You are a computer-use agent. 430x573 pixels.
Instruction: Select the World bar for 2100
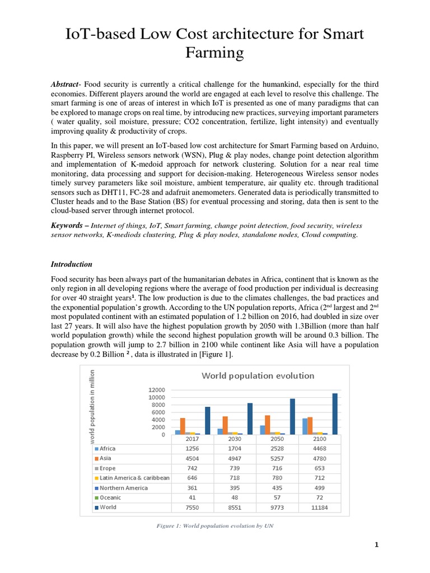[x=335, y=414]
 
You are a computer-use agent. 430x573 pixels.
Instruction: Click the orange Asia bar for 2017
[x=183, y=426]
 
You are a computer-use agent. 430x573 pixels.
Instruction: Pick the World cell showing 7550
[x=191, y=508]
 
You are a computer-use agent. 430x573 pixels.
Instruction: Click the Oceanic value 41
[x=191, y=497]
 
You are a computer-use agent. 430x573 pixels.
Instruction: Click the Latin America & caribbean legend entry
[x=134, y=478]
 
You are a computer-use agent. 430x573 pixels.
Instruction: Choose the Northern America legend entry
[x=123, y=488]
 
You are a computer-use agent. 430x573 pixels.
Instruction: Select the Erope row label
[x=108, y=468]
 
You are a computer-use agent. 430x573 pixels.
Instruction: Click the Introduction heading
[x=72, y=264]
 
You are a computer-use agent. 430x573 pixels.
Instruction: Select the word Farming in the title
[x=215, y=53]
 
